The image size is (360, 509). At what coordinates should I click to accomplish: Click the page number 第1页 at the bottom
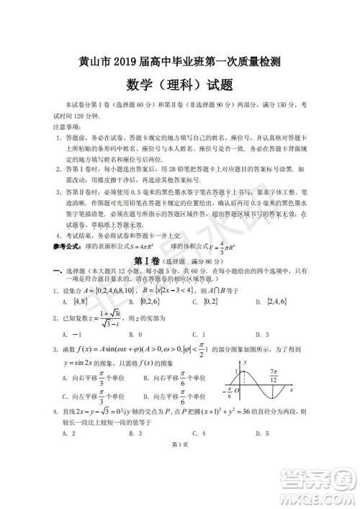click(x=180, y=490)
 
